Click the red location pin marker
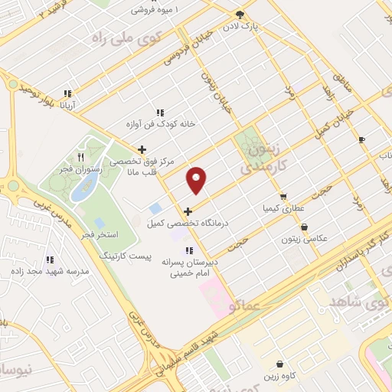pos(197,181)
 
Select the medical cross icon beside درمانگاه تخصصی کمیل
pos(188,211)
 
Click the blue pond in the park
pos(84,186)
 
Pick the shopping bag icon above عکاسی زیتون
pos(305,227)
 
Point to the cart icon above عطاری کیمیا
pos(283,197)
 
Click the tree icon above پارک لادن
pos(240,15)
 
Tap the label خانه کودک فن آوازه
pos(162,123)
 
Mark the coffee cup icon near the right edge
pos(361,139)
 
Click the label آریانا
pos(68,104)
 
